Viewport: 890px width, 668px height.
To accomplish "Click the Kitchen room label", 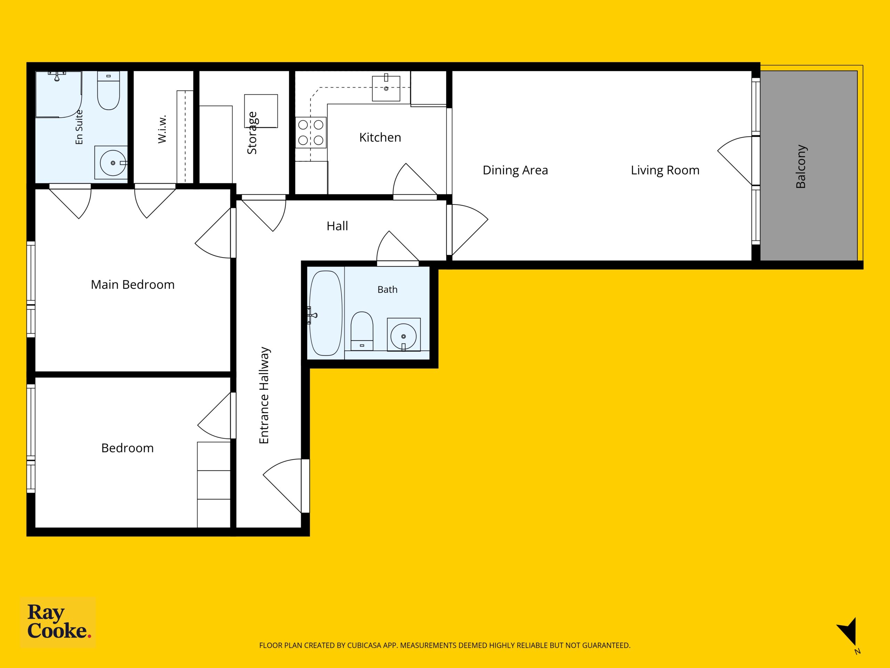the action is click(x=380, y=137).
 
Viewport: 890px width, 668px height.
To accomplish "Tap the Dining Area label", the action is click(x=515, y=170).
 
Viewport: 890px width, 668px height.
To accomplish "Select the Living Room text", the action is click(x=665, y=170).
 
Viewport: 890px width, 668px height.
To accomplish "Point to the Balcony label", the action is click(x=801, y=166).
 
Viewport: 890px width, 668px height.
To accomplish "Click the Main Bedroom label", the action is click(x=132, y=285).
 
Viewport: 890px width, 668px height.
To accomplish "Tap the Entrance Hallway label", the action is click(x=264, y=395).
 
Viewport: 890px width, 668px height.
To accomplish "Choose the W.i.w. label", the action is click(x=162, y=129).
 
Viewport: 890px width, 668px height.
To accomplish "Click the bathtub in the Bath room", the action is click(x=325, y=313).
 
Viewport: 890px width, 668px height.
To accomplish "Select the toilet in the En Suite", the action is click(x=108, y=90).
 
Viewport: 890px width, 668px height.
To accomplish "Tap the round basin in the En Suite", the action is click(x=113, y=163).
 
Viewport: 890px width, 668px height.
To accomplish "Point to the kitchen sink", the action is click(x=386, y=88).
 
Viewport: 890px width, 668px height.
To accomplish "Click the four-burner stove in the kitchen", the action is click(x=310, y=133).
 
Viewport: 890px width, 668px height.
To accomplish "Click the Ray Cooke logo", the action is click(x=58, y=622).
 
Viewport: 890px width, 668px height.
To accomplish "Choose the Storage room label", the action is click(x=252, y=133).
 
